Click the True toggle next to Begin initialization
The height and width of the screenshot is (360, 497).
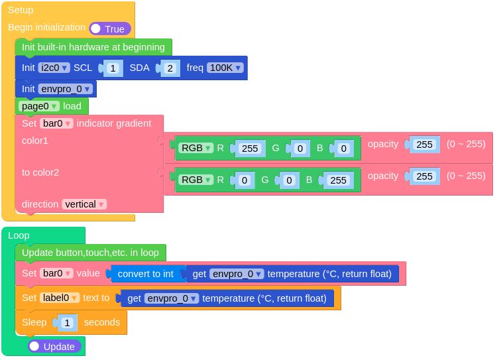pyautogui.click(x=110, y=29)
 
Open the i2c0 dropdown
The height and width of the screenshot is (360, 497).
pyautogui.click(x=54, y=68)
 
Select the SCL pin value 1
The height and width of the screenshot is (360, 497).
pyautogui.click(x=113, y=68)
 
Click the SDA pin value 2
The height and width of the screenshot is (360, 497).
pyautogui.click(x=170, y=68)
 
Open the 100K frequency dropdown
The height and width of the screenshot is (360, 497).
pyautogui.click(x=225, y=68)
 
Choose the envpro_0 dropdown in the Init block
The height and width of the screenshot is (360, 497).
pyautogui.click(x=66, y=89)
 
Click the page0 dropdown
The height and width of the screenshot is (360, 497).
pyautogui.click(x=39, y=106)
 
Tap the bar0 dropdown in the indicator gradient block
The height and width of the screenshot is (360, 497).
pyautogui.click(x=56, y=123)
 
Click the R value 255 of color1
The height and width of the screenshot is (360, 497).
pyautogui.click(x=250, y=149)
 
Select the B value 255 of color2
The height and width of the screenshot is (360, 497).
pyautogui.click(x=338, y=180)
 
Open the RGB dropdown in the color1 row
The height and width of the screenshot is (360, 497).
pyautogui.click(x=196, y=148)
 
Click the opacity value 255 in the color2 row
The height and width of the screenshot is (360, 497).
pyautogui.click(x=424, y=176)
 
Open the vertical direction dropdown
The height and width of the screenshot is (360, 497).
pyautogui.click(x=84, y=204)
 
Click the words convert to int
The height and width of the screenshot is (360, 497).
pyautogui.click(x=145, y=274)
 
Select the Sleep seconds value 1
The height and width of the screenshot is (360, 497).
pyautogui.click(x=67, y=323)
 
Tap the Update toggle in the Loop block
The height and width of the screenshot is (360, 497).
pyautogui.click(x=54, y=346)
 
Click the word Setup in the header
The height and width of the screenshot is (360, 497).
pyautogui.click(x=21, y=10)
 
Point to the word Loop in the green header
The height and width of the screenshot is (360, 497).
pyautogui.click(x=19, y=235)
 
